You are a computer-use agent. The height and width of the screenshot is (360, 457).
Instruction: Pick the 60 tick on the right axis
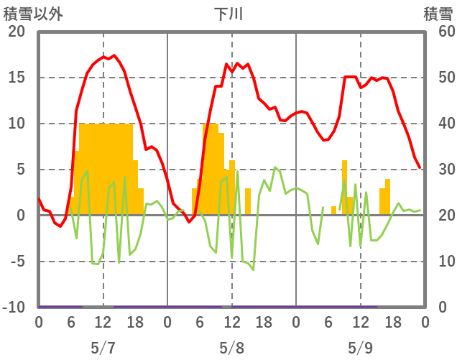pyautogui.click(x=438, y=32)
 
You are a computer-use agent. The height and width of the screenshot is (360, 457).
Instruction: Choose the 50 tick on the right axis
pyautogui.click(x=438, y=78)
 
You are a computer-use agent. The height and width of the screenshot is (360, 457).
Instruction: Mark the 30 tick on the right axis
pyautogui.click(x=438, y=170)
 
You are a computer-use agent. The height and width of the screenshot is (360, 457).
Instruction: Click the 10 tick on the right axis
pyautogui.click(x=438, y=262)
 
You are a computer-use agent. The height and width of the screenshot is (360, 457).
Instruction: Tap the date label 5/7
pyautogui.click(x=103, y=348)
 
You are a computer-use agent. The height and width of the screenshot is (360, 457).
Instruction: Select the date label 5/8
pyautogui.click(x=231, y=348)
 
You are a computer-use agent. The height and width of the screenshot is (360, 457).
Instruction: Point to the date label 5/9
pyautogui.click(x=360, y=348)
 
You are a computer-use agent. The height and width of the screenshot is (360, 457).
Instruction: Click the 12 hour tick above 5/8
pyautogui.click(x=231, y=323)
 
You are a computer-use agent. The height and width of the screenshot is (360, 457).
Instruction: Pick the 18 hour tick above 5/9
pyautogui.click(x=392, y=323)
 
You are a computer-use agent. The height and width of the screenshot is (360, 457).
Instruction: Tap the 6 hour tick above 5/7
pyautogui.click(x=70, y=323)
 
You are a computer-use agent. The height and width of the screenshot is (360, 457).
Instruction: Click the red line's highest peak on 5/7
pyautogui.click(x=114, y=55)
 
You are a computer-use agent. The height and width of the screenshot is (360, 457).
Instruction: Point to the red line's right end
pyautogui.click(x=420, y=168)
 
